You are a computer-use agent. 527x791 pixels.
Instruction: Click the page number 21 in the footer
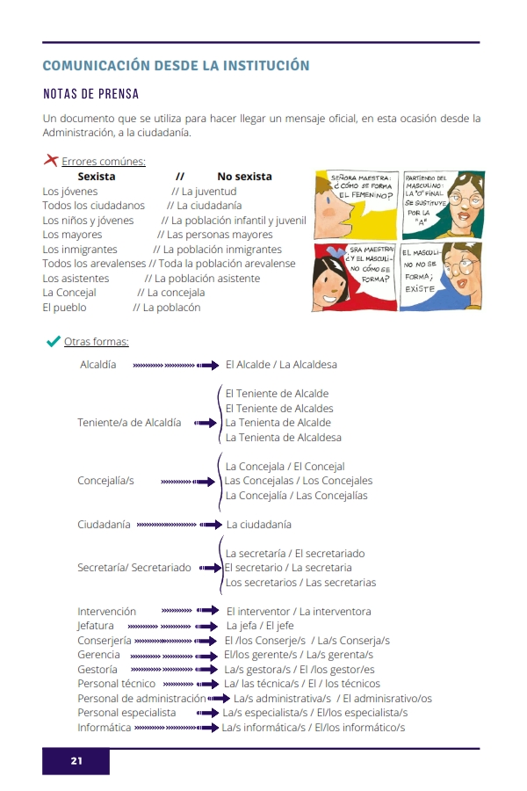click(x=76, y=761)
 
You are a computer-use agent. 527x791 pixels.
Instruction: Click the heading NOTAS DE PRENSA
click(x=90, y=94)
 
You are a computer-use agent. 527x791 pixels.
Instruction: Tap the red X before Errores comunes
click(x=51, y=161)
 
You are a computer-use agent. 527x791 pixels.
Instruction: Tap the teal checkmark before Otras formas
click(x=53, y=341)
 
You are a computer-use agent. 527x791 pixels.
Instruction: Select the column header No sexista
click(x=244, y=177)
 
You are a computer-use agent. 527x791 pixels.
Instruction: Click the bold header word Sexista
click(x=97, y=177)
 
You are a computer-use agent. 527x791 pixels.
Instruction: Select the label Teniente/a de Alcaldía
click(x=129, y=423)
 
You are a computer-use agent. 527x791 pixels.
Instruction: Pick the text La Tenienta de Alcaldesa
click(x=283, y=437)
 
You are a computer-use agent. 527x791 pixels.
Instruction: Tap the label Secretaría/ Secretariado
click(x=134, y=568)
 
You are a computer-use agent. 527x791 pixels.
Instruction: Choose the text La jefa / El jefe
click(x=260, y=626)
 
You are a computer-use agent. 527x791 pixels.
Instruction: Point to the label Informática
click(x=104, y=728)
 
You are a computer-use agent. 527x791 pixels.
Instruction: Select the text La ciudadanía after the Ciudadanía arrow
click(x=258, y=525)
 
